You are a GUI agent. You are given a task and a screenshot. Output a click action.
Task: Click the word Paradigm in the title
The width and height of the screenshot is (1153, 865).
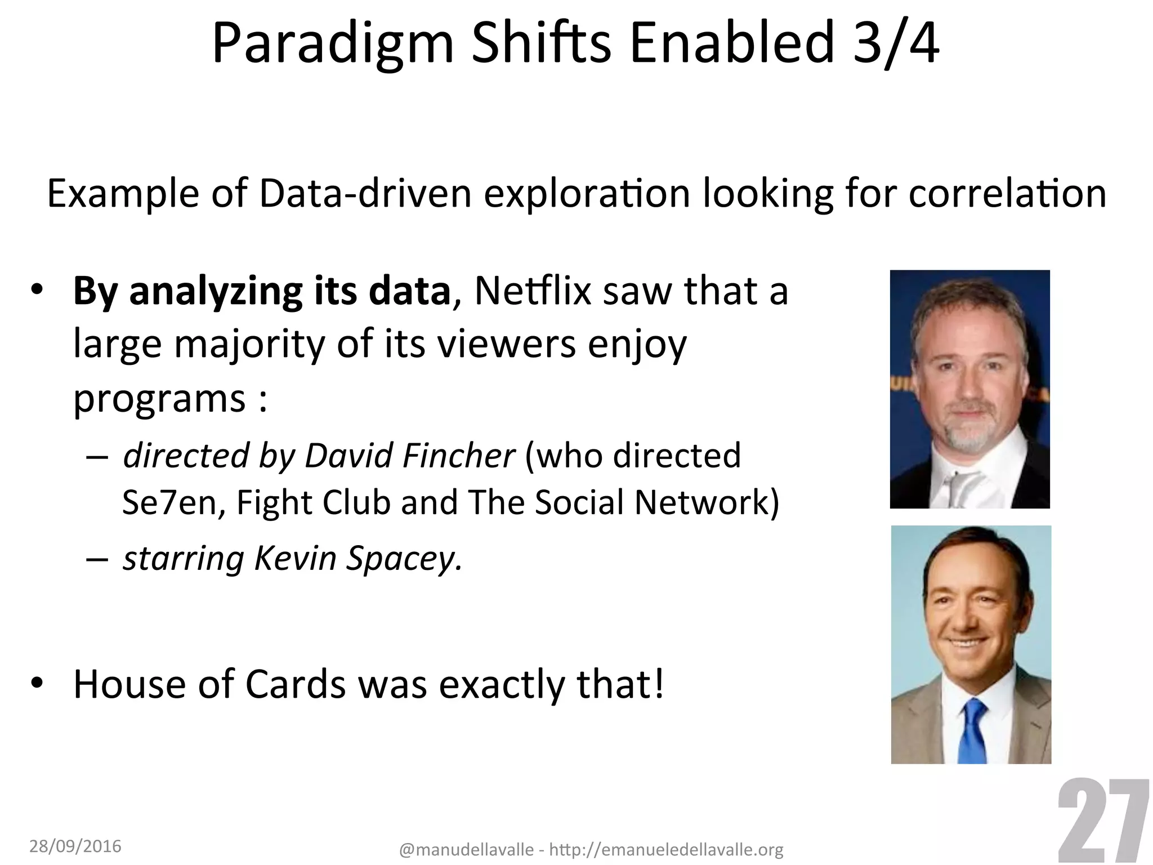point(333,45)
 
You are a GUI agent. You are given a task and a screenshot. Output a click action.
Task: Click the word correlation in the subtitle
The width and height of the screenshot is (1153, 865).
point(1007,193)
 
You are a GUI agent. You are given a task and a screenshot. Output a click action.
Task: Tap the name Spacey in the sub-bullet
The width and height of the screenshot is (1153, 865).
point(403,558)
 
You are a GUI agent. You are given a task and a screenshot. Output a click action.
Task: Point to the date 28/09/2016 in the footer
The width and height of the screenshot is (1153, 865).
point(75,846)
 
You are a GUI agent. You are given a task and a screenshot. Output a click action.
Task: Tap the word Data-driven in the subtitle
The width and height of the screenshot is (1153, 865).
point(365,193)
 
